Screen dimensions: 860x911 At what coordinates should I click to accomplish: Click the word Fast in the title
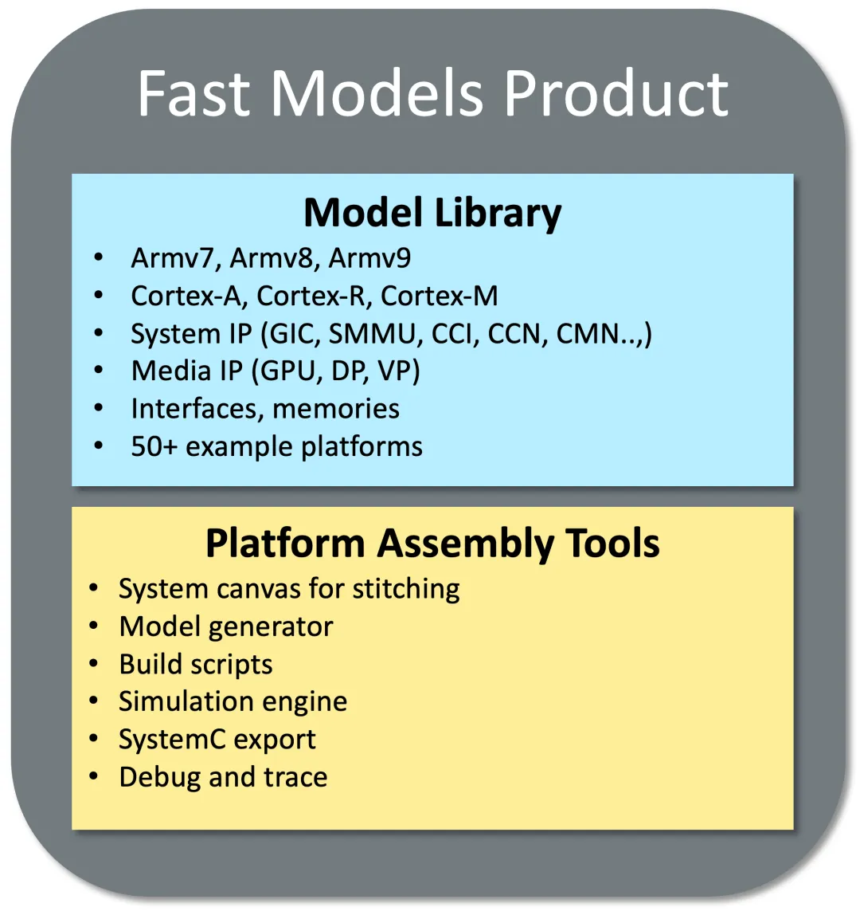click(x=193, y=93)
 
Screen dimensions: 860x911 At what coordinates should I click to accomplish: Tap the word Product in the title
click(x=616, y=93)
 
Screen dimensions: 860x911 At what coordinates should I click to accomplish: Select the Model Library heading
click(x=432, y=214)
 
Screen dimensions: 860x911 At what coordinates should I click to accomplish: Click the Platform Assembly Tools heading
click(x=432, y=544)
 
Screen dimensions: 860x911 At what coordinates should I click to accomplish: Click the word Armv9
click(x=369, y=258)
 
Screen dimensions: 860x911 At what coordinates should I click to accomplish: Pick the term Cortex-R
click(x=314, y=296)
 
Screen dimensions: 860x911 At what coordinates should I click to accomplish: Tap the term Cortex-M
click(x=440, y=296)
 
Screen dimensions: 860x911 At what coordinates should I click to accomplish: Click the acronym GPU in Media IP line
click(x=290, y=371)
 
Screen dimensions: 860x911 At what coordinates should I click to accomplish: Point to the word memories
click(x=336, y=408)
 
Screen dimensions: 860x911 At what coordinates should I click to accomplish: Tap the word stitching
click(x=406, y=589)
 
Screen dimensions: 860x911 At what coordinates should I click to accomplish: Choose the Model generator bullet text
click(x=226, y=627)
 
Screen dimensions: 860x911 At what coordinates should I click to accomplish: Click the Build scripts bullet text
click(x=196, y=665)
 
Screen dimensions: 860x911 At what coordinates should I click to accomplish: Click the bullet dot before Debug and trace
click(x=94, y=776)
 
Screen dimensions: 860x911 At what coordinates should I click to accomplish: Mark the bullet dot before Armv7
click(x=99, y=257)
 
